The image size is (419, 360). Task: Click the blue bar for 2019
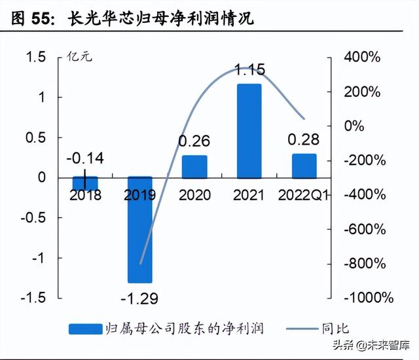click(x=139, y=229)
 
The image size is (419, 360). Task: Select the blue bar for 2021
click(x=249, y=130)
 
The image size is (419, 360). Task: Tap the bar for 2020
click(x=194, y=166)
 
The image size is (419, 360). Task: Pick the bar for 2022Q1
click(x=304, y=166)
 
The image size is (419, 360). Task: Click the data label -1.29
click(x=139, y=299)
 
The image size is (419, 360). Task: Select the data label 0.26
click(x=194, y=141)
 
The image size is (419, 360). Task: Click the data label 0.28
click(x=304, y=139)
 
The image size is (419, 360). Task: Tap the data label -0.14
click(x=84, y=158)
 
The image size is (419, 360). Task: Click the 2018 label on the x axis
click(x=84, y=194)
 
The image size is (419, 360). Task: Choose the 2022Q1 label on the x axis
click(x=304, y=194)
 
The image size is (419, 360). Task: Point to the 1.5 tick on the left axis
click(x=36, y=58)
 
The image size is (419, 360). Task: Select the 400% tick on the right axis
click(x=362, y=58)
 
